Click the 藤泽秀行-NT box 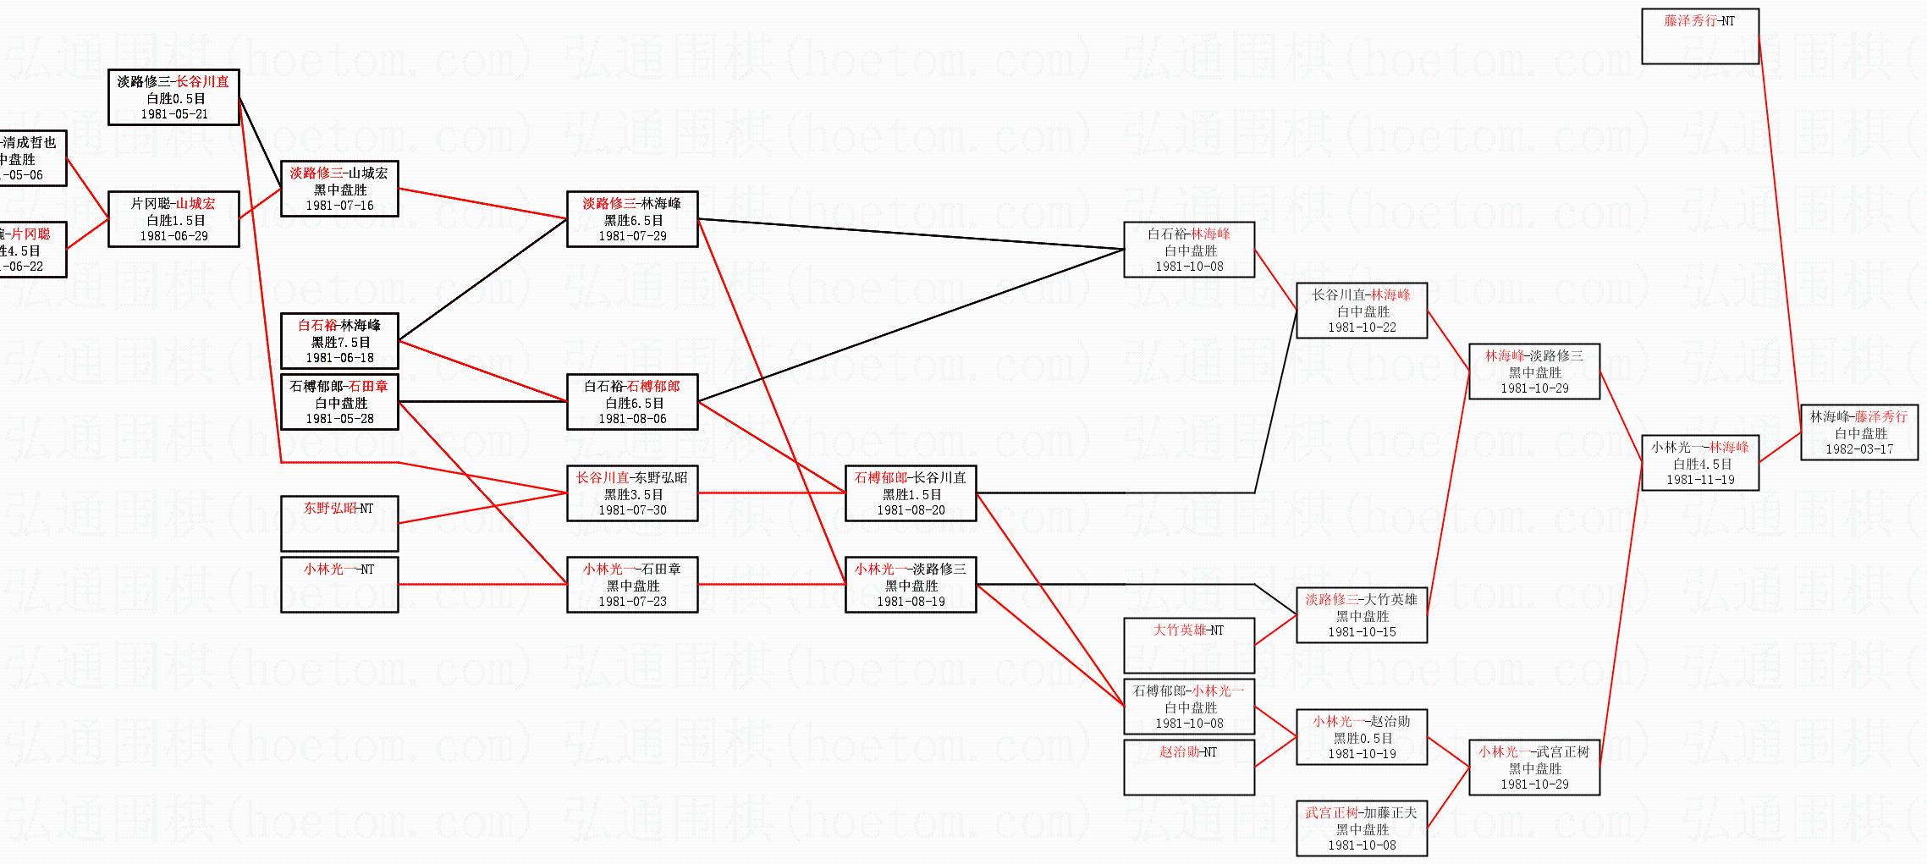point(1699,36)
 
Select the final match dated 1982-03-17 point(1858,432)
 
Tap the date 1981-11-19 point(1700,480)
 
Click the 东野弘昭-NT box point(339,523)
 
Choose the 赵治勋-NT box point(1188,767)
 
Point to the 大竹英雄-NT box point(1188,645)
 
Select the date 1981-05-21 point(173,114)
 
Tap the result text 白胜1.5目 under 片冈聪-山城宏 point(173,220)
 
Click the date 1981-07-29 point(632,236)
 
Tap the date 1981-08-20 point(911,510)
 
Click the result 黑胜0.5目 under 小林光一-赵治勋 point(1363,738)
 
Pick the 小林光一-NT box point(339,584)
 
